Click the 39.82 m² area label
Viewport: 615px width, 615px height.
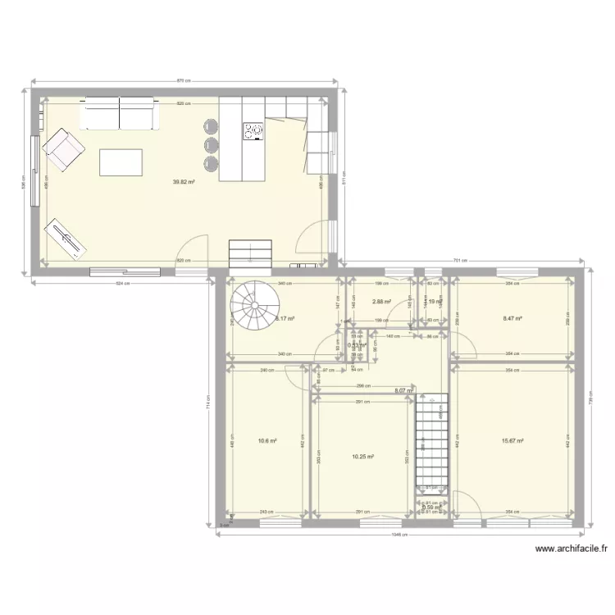coord(183,182)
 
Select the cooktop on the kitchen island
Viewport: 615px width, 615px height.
coord(253,132)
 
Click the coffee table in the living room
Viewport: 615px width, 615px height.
coord(121,162)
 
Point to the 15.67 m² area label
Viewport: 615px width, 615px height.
coord(512,440)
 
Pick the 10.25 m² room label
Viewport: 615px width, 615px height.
coord(362,457)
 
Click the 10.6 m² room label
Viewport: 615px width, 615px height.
coord(267,440)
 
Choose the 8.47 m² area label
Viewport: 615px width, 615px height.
coord(512,318)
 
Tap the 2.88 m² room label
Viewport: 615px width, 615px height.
coord(380,302)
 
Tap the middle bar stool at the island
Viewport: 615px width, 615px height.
coord(212,145)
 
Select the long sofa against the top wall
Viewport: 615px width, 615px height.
coord(120,113)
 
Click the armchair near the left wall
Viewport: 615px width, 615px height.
coord(64,151)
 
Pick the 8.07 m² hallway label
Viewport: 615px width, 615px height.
coord(403,391)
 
